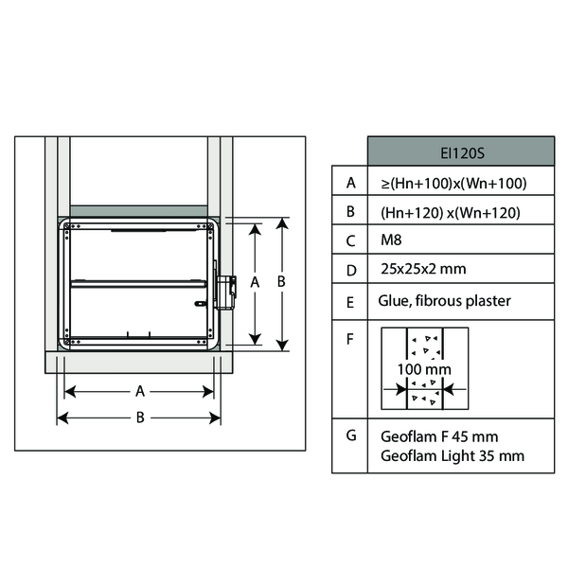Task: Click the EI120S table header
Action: coord(462,153)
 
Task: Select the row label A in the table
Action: coord(350,183)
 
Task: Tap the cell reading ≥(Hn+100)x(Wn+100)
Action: coord(453,184)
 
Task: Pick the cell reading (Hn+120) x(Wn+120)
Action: coord(451,213)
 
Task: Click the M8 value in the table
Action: coord(391,240)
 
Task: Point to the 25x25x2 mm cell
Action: coord(423,269)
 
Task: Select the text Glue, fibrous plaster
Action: coord(445,301)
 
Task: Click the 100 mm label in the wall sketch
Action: coord(424,369)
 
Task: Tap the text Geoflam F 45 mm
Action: coord(439,436)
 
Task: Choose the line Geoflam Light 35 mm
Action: coord(453,456)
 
